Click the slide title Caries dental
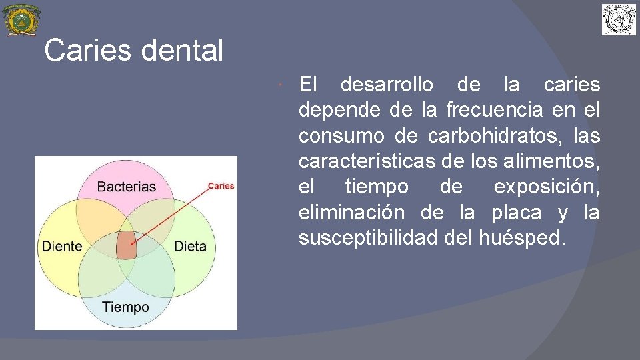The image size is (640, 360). [133, 51]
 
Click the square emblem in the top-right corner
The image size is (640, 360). [619, 19]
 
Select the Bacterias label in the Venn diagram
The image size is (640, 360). [126, 187]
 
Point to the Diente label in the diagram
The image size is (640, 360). [62, 246]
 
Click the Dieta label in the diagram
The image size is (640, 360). [190, 246]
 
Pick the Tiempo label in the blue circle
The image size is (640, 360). [125, 307]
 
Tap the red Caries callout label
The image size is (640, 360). [221, 185]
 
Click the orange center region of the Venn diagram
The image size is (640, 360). [126, 245]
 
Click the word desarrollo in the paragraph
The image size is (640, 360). [386, 85]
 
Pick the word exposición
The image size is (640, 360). [546, 187]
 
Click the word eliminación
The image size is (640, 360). [351, 213]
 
